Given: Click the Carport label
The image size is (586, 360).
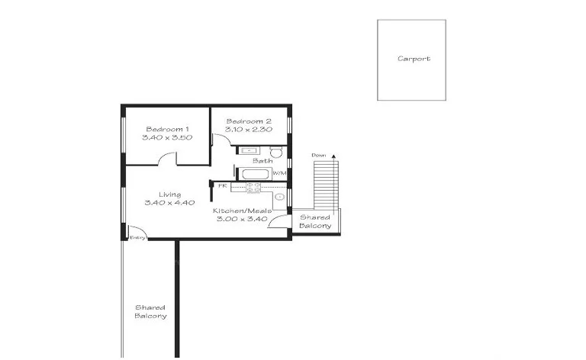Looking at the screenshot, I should [414, 59].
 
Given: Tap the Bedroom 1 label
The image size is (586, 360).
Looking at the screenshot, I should [167, 129].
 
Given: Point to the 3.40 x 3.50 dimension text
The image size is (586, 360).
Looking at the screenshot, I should [167, 138].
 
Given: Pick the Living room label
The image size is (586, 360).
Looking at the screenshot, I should [169, 194].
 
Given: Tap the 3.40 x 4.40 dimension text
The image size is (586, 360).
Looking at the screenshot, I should [169, 203].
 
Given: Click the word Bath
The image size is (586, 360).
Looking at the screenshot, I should [262, 161].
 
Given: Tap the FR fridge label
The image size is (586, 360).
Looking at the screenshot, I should [223, 185].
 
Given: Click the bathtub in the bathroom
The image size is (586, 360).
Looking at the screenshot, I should [254, 174].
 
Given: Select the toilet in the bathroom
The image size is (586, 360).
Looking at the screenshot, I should [275, 151].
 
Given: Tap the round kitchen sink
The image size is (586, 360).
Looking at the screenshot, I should [279, 198].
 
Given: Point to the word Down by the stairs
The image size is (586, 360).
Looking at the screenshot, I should [319, 155].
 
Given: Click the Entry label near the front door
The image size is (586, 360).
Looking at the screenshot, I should [137, 237].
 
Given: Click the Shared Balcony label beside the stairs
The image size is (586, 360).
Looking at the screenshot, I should [314, 221].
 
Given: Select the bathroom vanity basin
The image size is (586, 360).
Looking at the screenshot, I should [249, 150].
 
